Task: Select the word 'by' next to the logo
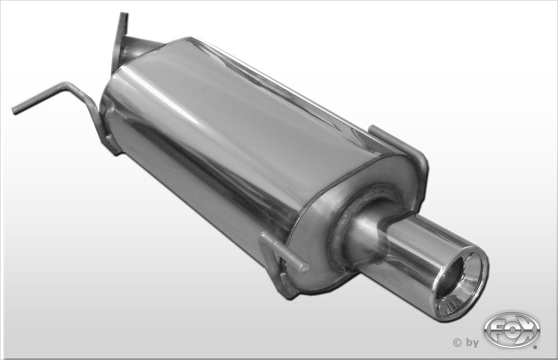(x=472, y=343)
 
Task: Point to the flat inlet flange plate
(x=120, y=42)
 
